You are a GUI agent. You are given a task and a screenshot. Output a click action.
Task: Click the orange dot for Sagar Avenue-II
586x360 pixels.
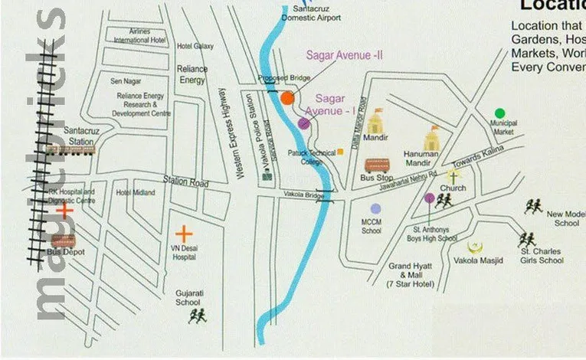click(x=287, y=97)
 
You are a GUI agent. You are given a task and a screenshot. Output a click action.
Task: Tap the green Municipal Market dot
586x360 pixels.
click(x=499, y=113)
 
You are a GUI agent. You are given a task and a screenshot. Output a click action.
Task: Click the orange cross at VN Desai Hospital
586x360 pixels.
click(x=183, y=234)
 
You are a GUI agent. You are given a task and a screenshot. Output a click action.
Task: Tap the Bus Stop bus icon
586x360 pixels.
click(x=377, y=165)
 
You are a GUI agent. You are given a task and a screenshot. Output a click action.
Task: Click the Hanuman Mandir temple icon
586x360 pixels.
click(x=432, y=138)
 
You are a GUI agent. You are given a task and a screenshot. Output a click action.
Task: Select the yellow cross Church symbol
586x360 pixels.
click(x=452, y=176)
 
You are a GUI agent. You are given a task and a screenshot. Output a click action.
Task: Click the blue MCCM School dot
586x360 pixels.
click(x=375, y=208)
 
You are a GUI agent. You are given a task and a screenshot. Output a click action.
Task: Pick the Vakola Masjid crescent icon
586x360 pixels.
click(x=475, y=247)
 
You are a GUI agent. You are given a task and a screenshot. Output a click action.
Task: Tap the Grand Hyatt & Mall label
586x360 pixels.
click(x=410, y=275)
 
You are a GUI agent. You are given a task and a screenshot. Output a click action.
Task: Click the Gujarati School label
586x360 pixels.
click(x=188, y=297)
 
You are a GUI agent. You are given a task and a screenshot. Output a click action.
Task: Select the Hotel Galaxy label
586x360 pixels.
click(x=195, y=46)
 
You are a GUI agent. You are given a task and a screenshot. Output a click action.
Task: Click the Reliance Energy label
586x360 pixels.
click(x=192, y=74)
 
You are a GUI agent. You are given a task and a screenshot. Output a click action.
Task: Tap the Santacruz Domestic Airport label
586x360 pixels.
click(x=310, y=13)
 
